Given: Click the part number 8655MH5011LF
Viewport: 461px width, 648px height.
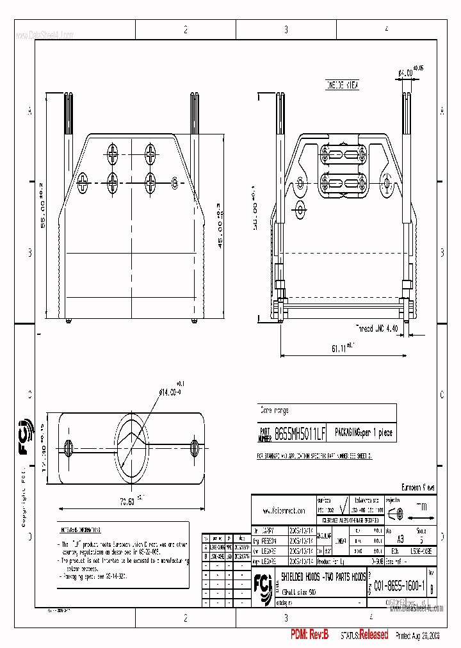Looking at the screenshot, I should pos(300,433).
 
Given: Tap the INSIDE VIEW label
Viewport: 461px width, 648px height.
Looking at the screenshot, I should pos(343,84).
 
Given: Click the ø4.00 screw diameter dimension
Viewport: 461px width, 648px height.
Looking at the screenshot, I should pos(406,73).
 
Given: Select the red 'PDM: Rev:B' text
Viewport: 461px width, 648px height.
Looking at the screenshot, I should pos(309,635).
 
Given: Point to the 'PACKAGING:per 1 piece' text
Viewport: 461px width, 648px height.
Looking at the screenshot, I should pos(364,433).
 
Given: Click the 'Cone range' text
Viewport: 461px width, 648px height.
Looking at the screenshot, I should pos(273,410).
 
